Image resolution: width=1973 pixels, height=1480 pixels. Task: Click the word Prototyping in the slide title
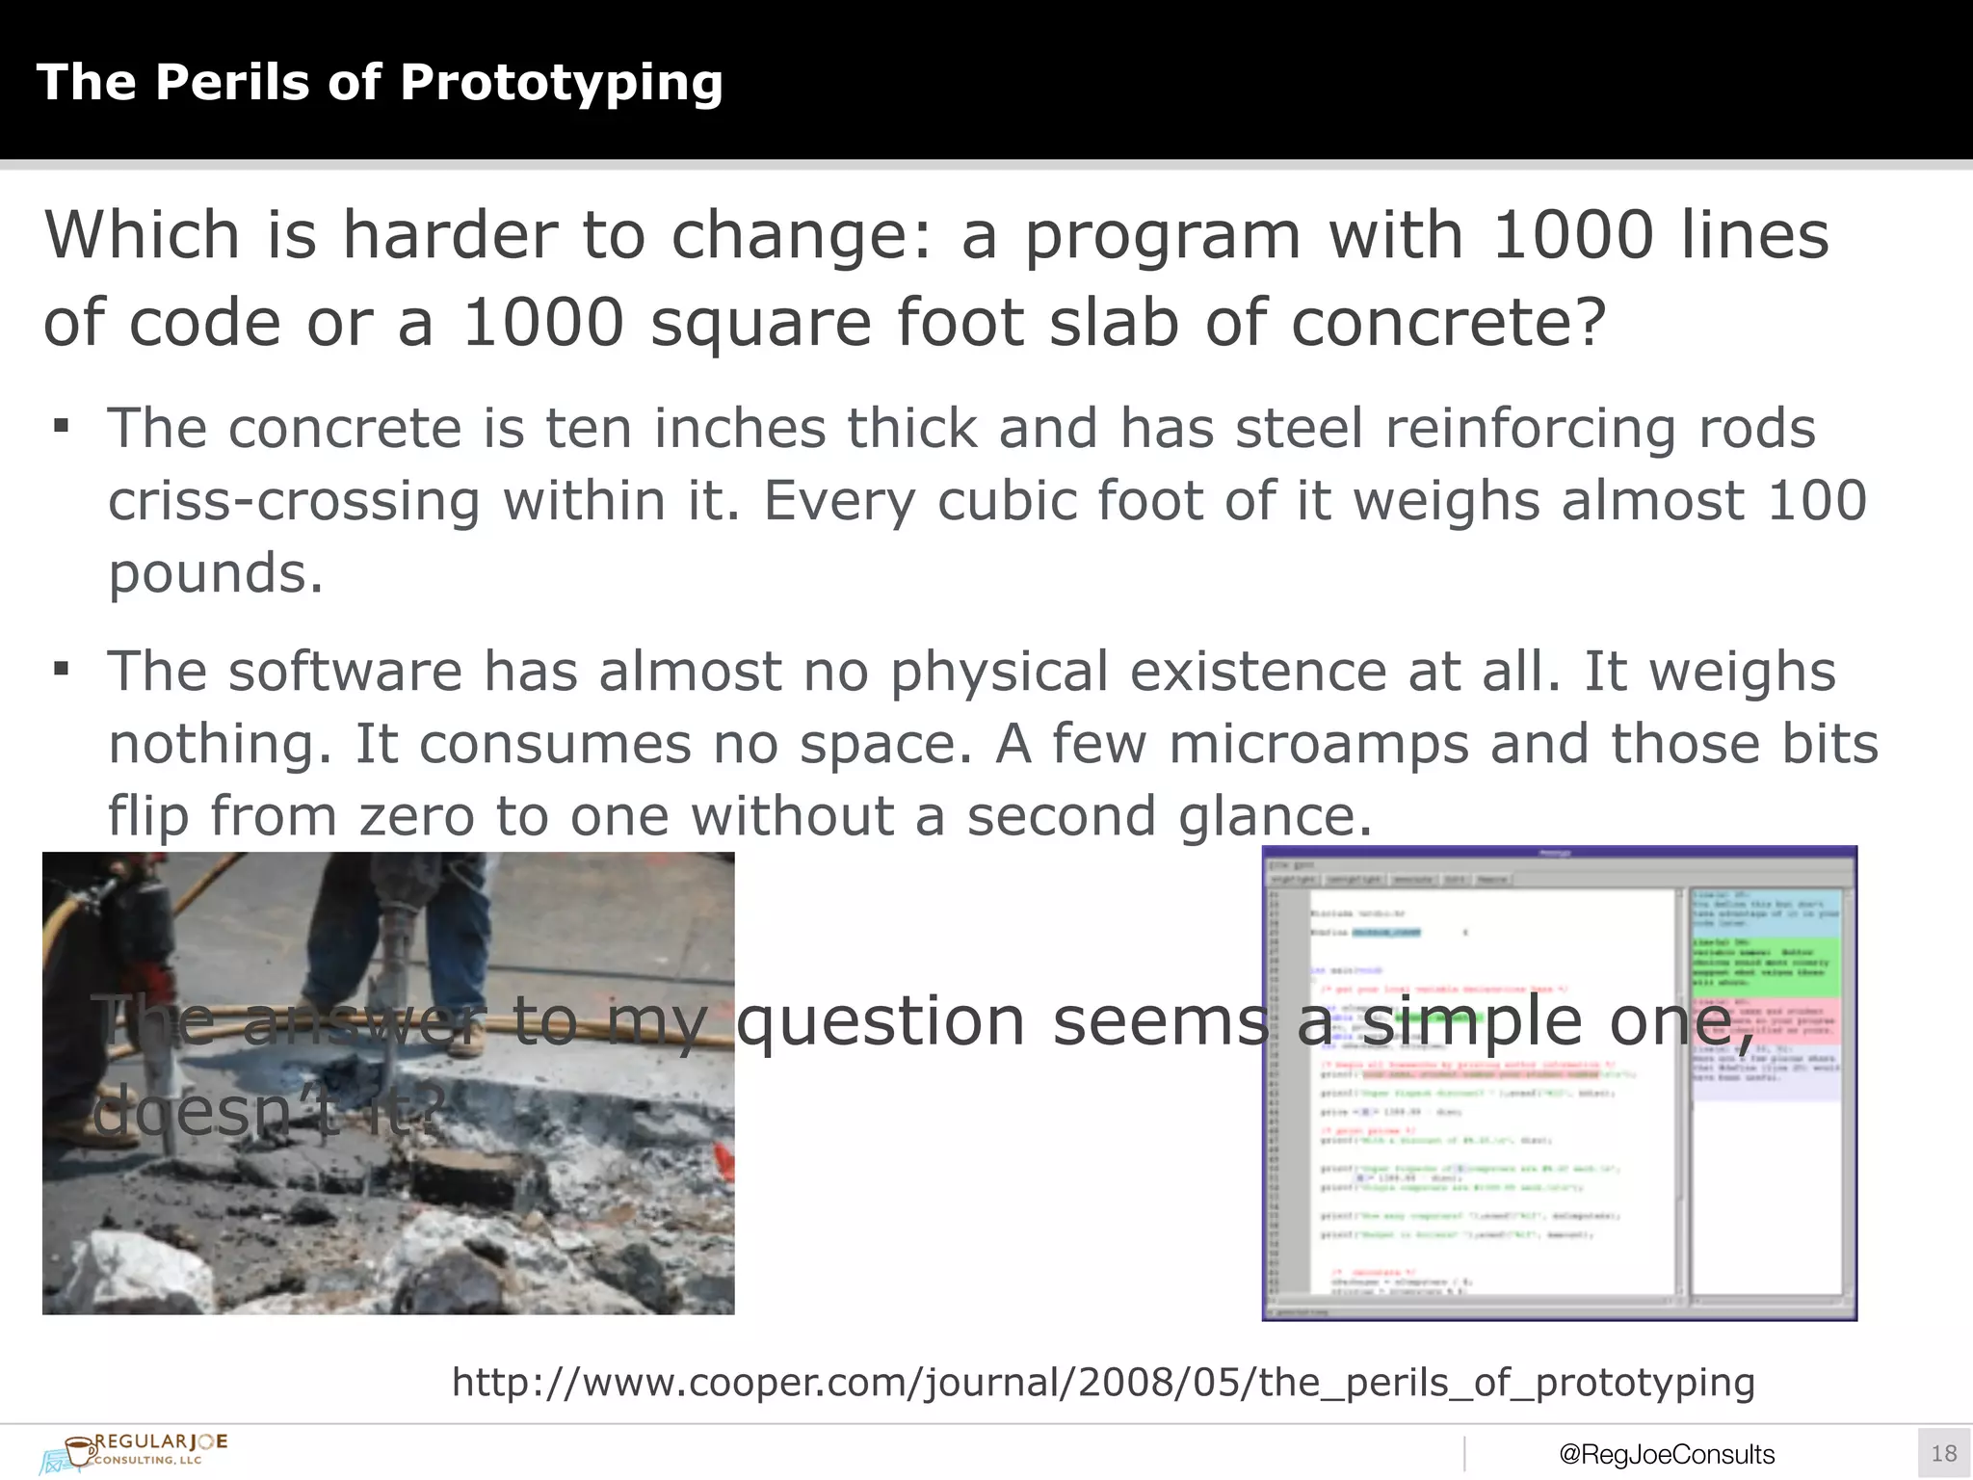click(561, 83)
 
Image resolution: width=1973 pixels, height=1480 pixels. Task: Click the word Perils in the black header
click(232, 82)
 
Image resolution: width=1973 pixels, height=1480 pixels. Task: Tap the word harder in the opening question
click(450, 235)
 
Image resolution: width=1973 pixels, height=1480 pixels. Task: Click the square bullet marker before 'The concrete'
click(62, 426)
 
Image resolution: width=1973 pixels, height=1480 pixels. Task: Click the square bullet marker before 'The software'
click(62, 669)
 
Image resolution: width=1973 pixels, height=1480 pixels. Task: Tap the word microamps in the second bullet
click(1318, 744)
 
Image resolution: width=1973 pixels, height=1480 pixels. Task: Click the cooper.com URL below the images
click(1103, 1382)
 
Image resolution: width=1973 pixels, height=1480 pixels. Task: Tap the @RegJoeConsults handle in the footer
click(1666, 1454)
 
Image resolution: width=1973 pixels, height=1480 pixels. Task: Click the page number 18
click(1943, 1453)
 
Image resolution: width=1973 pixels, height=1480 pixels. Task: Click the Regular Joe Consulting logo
click(135, 1451)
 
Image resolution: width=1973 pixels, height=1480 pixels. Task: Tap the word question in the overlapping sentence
click(881, 1021)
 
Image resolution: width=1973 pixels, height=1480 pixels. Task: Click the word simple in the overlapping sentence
click(1471, 1021)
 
